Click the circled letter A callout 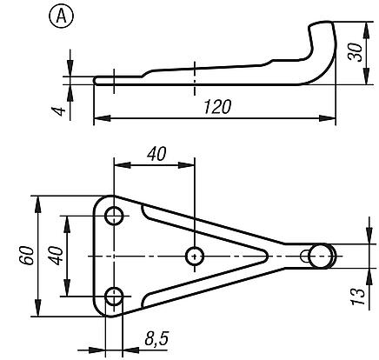click(62, 16)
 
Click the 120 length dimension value click(217, 107)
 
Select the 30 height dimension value click(356, 52)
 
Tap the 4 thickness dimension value click(58, 111)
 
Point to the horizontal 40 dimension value click(156, 154)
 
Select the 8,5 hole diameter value click(156, 338)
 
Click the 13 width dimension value click(357, 297)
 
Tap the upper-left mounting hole click(114, 216)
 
